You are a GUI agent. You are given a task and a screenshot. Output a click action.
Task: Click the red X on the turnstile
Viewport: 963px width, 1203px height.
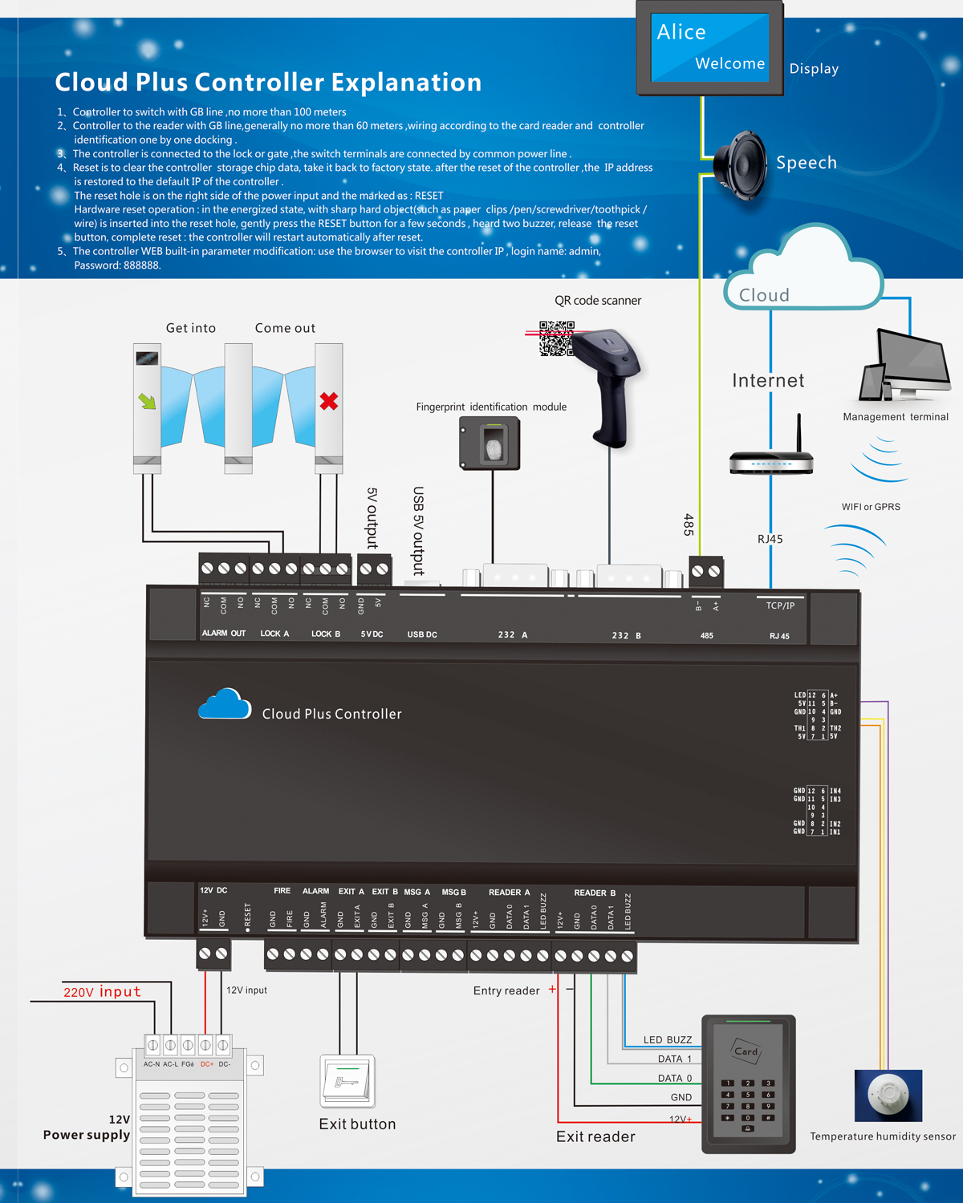329,401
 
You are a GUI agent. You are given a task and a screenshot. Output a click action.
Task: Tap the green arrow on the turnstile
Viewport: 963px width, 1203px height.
148,400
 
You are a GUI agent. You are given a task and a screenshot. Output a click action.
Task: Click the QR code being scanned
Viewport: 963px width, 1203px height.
556,338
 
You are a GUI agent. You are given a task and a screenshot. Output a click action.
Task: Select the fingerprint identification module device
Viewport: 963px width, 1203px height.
490,443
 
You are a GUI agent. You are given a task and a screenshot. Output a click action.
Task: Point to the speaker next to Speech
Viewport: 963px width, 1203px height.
741,165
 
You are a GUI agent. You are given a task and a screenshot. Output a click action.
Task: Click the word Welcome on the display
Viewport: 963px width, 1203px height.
729,63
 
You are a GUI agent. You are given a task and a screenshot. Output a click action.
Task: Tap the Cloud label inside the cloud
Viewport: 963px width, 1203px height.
764,295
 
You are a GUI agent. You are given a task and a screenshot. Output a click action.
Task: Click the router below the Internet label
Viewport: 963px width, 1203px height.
771,462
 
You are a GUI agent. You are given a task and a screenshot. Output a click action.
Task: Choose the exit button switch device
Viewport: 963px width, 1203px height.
347,1081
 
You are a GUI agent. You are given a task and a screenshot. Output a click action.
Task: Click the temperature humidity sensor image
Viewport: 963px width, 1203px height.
888,1095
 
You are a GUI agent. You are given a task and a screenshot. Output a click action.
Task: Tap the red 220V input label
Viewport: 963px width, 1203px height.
102,992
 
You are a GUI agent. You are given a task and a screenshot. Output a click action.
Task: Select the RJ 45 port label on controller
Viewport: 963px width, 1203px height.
779,636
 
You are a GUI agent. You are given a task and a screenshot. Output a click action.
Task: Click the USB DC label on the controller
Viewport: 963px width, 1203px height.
422,634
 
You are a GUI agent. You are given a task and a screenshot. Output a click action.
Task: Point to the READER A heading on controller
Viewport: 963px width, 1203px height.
509,892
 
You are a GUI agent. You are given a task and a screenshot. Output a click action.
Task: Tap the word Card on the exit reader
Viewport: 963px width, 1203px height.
746,1051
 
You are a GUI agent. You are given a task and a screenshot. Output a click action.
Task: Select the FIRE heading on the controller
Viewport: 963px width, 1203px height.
282,891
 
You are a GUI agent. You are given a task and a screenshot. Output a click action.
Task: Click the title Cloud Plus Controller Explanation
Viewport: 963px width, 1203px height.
268,82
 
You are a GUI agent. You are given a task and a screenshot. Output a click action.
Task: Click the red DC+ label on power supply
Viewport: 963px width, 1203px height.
206,1064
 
